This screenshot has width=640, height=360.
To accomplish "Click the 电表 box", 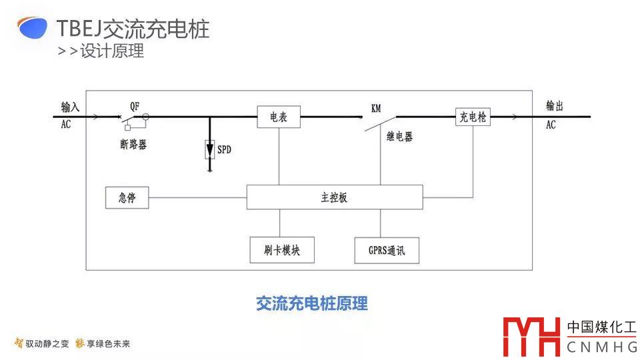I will point(279,117).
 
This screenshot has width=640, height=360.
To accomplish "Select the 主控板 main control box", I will point(335,197).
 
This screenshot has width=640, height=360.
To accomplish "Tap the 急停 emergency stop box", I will point(127,198).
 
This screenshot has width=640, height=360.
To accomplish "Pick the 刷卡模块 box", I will point(282,250).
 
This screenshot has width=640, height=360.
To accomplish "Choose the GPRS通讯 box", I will point(387,251).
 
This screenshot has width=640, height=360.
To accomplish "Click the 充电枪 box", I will point(473,117).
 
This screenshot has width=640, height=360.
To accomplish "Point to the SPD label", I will point(225,150).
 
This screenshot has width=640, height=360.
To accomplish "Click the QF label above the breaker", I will point(135,105).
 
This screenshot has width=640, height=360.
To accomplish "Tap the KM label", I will point(376,108).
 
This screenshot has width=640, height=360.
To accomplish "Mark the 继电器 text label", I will point(399,137).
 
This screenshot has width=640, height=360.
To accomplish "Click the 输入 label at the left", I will point(70,107).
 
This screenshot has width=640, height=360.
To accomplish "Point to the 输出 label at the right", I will point(555,106).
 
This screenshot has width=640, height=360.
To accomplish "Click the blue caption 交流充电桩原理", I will point(312,304).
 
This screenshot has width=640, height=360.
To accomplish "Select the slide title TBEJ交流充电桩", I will point(133,29).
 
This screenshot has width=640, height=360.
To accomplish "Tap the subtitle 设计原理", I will point(112,51).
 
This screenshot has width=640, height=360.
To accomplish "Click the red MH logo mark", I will point(531,337).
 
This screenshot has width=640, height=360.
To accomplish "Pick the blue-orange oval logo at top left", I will point(32,28).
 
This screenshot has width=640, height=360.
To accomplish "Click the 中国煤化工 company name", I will point(602,327).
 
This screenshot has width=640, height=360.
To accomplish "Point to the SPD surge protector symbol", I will point(210,149).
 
